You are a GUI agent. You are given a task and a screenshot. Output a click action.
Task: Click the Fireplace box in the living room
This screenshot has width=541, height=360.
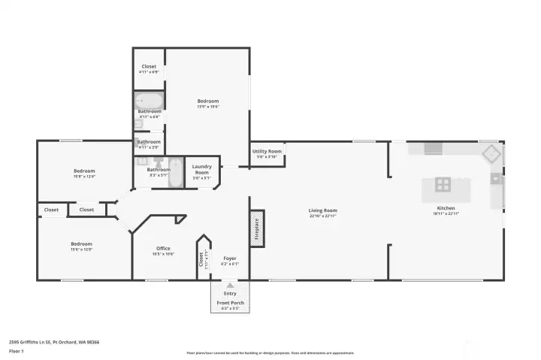(256, 228)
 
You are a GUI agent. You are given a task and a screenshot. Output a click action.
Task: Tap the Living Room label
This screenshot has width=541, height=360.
(322, 210)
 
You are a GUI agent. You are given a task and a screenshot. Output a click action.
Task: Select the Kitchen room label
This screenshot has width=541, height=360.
(446, 207)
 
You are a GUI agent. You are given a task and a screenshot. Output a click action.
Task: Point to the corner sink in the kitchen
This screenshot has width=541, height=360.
(491, 153)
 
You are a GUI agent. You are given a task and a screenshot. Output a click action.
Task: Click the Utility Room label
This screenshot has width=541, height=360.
(267, 151)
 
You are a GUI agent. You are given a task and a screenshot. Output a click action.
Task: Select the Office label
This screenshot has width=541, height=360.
(163, 248)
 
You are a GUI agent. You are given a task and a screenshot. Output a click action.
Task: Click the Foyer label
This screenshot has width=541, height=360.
(229, 258)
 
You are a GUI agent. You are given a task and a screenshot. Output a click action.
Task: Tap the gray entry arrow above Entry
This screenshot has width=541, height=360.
(229, 286)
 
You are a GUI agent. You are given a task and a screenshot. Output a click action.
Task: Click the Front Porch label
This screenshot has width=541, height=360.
(230, 302)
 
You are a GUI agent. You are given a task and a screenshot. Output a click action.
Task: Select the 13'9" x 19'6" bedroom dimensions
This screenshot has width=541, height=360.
(207, 107)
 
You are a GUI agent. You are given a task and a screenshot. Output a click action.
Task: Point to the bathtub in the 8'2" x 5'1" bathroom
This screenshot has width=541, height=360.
(175, 172)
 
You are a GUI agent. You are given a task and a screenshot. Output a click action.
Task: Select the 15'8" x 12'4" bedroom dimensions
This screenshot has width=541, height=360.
(83, 177)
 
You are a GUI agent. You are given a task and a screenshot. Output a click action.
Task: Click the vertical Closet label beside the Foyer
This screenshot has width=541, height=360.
(201, 259)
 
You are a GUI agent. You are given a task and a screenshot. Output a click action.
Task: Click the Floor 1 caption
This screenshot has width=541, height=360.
(17, 351)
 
